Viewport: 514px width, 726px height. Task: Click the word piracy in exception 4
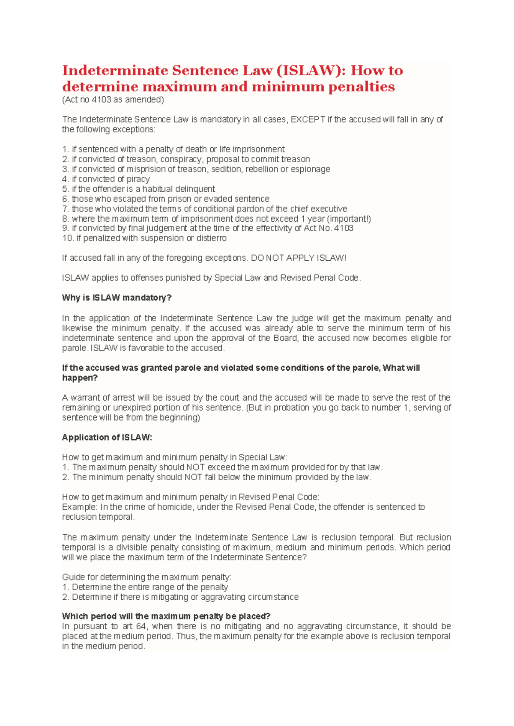click(138, 179)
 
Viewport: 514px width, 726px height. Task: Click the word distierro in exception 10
click(212, 238)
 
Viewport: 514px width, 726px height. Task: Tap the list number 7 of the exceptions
click(65, 209)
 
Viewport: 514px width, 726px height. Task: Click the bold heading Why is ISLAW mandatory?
click(117, 298)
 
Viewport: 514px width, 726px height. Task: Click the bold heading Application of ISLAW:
click(107, 437)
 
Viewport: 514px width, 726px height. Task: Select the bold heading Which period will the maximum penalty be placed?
click(166, 616)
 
